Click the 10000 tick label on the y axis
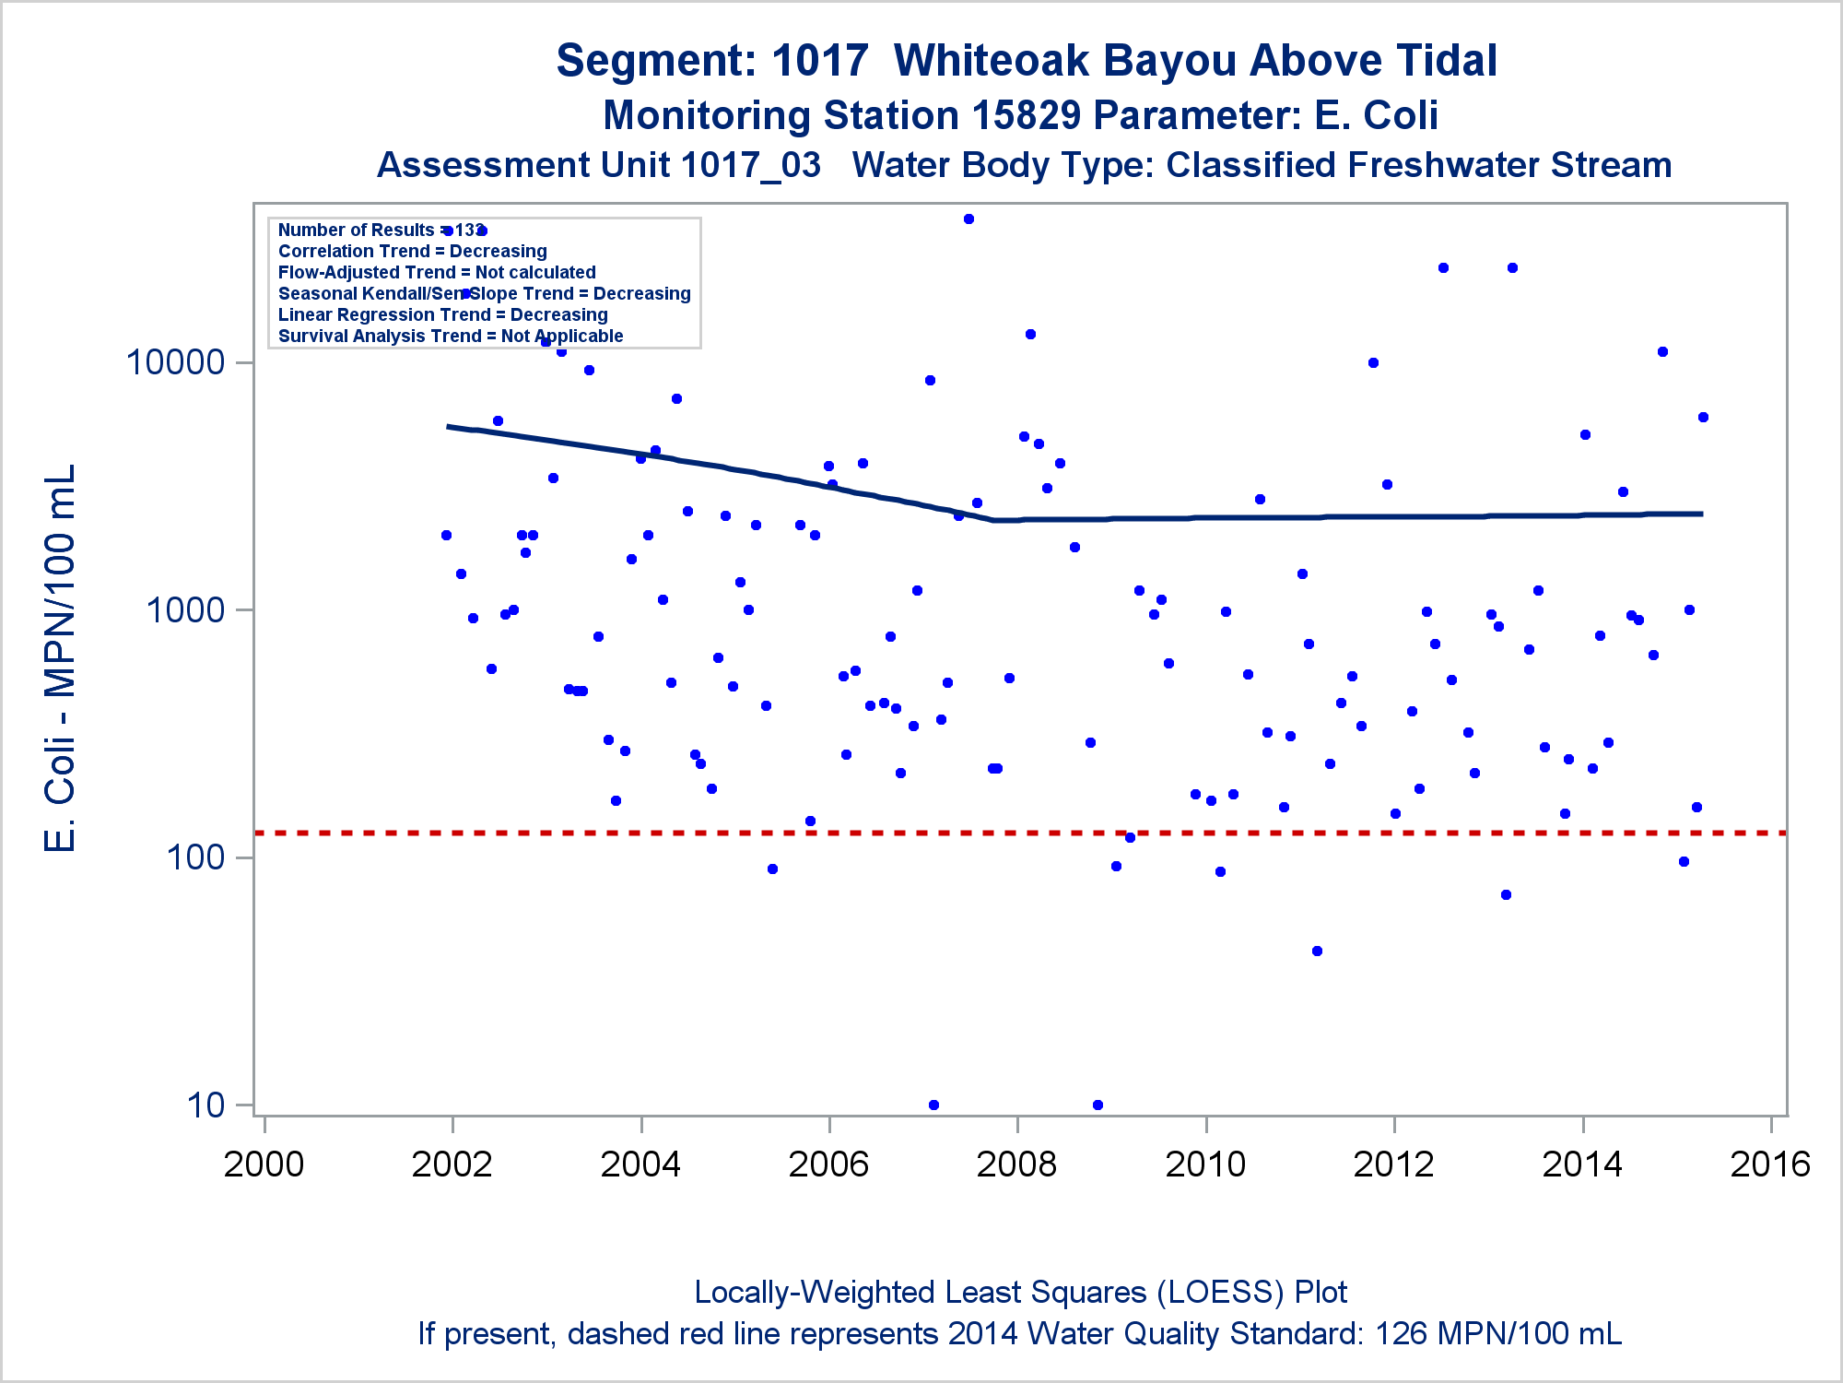pos(175,362)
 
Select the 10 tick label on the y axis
pos(205,1105)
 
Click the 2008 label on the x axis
pos(1016,1164)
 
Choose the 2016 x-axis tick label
pos(1770,1164)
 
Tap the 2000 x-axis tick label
pos(264,1164)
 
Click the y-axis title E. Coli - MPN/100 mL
pos(61,658)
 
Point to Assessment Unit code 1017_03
pos(751,165)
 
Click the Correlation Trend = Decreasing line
pos(412,252)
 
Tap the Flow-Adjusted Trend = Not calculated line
pos(437,273)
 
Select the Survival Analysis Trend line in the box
pos(451,337)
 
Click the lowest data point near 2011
pos(1317,951)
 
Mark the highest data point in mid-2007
pos(968,219)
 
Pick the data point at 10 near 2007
pos(933,1105)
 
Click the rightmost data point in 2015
pos(1703,418)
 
